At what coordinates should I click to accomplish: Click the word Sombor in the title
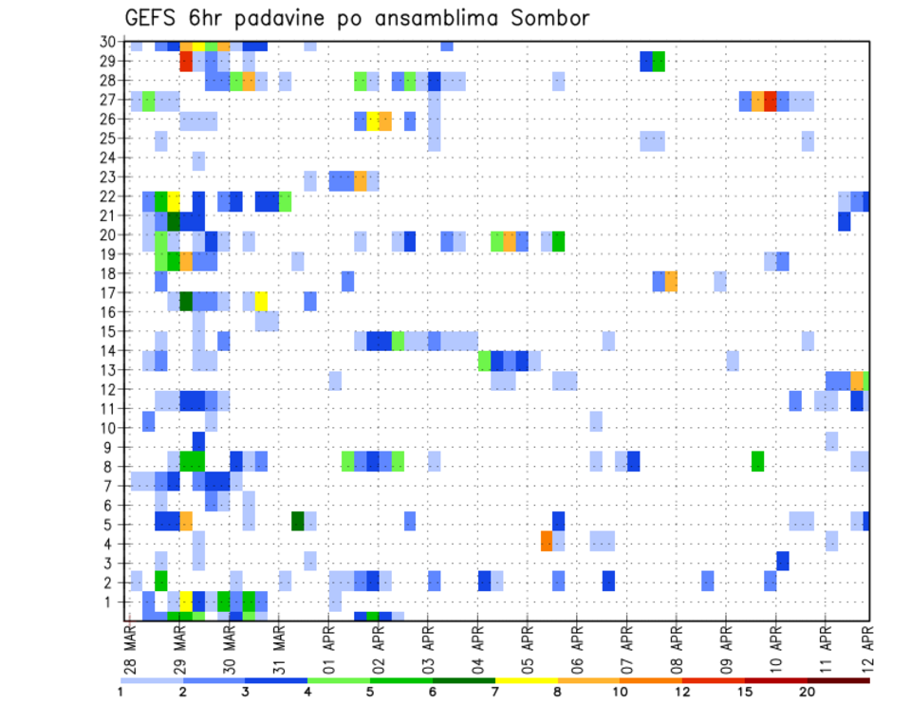pyautogui.click(x=544, y=18)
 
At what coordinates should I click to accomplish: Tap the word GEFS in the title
pyautogui.click(x=158, y=18)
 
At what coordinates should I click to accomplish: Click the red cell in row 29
pyautogui.click(x=186, y=62)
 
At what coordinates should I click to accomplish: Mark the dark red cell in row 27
pyautogui.click(x=771, y=101)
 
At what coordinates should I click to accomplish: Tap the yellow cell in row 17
pyautogui.click(x=261, y=301)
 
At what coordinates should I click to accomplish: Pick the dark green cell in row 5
pyautogui.click(x=298, y=521)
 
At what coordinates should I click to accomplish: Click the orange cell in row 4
pyautogui.click(x=547, y=541)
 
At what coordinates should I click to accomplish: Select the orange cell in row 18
pyautogui.click(x=671, y=282)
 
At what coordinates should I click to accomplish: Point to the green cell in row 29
pyautogui.click(x=659, y=62)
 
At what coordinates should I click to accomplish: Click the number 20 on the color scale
pyautogui.click(x=808, y=692)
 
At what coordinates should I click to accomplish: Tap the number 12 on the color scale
pyautogui.click(x=683, y=692)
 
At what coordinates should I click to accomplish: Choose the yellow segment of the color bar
pyautogui.click(x=526, y=680)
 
